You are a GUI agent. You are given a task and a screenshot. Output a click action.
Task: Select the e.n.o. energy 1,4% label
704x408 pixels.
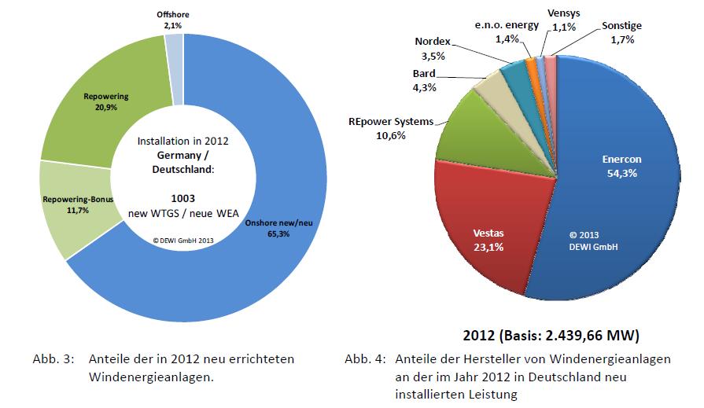click(507, 31)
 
